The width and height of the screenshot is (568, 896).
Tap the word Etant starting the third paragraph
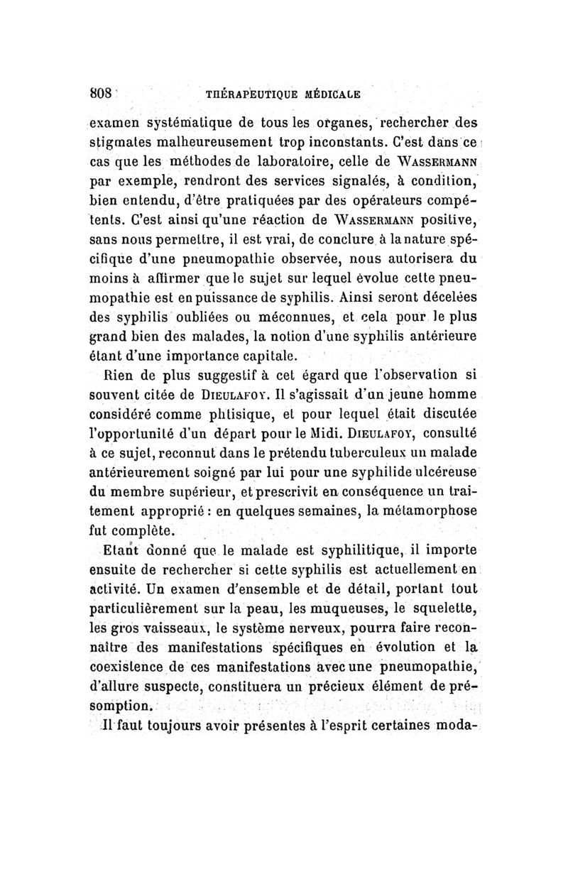[119, 551]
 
